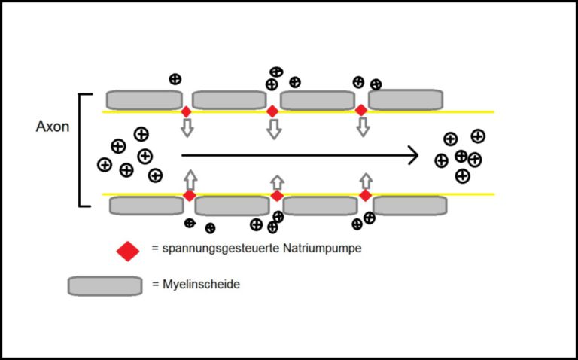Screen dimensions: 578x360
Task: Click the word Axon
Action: [53, 127]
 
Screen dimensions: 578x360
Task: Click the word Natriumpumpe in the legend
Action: [323, 249]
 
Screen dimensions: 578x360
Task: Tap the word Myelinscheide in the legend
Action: [201, 285]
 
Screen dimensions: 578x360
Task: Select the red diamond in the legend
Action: [128, 251]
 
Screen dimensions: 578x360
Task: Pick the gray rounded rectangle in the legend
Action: [105, 286]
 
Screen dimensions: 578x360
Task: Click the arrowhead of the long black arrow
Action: [415, 155]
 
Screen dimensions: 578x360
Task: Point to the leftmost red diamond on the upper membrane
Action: [187, 111]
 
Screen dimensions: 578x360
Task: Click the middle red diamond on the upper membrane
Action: [272, 111]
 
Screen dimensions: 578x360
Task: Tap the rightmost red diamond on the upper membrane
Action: [361, 110]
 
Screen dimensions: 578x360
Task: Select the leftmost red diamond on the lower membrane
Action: [190, 196]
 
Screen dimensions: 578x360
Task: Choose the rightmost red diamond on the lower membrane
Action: [365, 196]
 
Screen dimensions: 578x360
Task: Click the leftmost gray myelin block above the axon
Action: [144, 100]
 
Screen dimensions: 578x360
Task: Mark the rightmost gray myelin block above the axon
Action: [406, 99]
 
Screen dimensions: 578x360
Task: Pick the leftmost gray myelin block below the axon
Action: [147, 206]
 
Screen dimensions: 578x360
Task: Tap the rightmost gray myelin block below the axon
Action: [410, 206]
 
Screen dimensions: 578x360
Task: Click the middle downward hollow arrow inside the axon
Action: [274, 129]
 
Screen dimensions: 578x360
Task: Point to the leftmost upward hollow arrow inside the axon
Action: [190, 180]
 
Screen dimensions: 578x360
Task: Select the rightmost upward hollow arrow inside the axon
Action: [366, 181]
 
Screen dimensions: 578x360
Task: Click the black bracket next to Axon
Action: [80, 150]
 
